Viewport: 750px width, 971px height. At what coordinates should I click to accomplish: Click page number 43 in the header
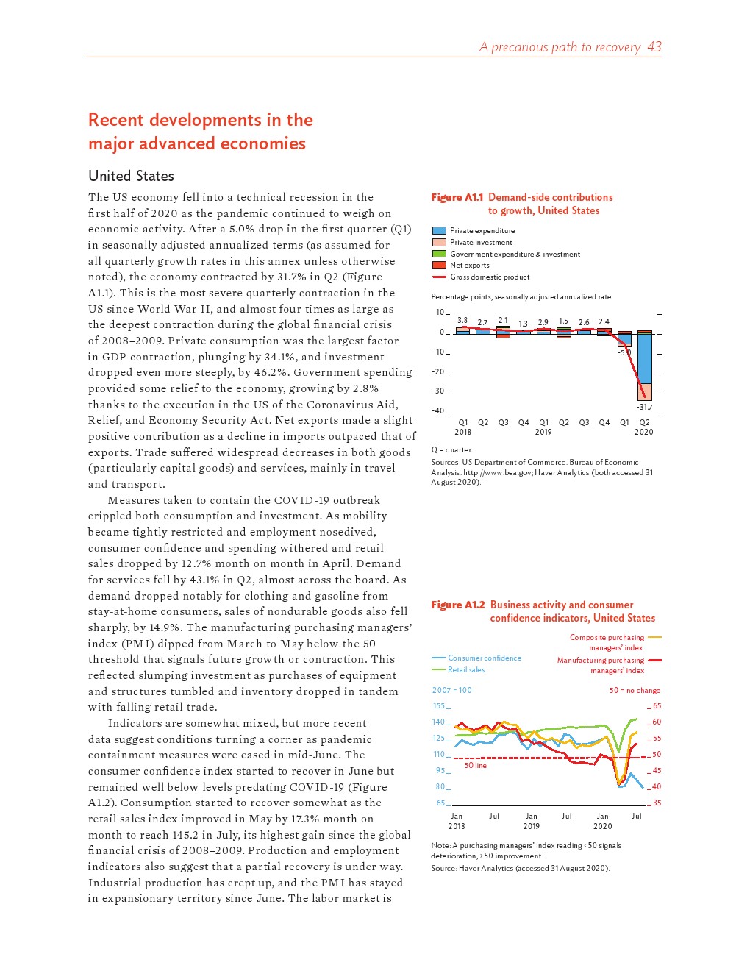(654, 47)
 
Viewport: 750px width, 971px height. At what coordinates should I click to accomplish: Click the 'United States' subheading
(131, 176)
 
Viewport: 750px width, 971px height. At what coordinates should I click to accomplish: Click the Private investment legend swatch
(439, 242)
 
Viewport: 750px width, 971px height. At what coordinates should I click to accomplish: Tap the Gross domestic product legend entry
(489, 277)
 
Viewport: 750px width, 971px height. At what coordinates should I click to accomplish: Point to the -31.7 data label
(644, 407)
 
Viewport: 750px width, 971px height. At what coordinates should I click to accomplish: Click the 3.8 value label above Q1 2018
(463, 321)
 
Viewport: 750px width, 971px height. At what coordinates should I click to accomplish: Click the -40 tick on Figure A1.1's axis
(438, 410)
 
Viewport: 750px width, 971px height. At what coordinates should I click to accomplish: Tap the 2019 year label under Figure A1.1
(543, 433)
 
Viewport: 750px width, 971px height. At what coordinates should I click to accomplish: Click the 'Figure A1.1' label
(457, 197)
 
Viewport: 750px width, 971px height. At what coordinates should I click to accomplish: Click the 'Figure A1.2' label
(457, 605)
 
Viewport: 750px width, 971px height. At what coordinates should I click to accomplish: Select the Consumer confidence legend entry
(484, 658)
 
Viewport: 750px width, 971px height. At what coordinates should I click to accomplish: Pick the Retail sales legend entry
(466, 669)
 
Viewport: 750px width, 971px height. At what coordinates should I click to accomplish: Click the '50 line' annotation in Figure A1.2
(475, 766)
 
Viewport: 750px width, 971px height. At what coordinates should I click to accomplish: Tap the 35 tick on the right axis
(657, 803)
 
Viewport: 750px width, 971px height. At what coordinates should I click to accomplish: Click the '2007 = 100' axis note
(451, 690)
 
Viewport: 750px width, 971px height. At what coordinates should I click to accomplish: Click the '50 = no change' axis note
(635, 691)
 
